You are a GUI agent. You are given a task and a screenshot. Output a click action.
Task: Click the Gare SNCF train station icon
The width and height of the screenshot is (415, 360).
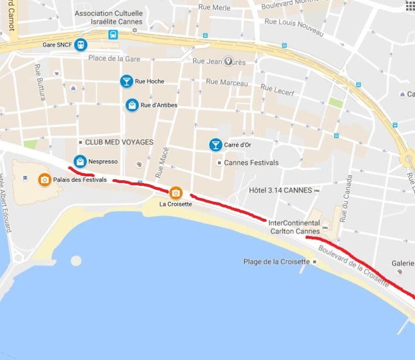[82, 44]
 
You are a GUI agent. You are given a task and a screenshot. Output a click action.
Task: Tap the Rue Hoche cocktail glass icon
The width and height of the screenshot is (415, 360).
[126, 82]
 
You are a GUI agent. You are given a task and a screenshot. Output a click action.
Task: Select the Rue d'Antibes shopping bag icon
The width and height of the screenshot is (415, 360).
[132, 105]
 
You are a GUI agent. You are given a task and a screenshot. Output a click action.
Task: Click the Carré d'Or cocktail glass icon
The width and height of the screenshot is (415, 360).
[215, 145]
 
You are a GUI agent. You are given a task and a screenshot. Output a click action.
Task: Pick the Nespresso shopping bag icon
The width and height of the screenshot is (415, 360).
[80, 161]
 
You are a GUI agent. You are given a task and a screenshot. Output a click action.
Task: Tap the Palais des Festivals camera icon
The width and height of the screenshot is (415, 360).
[44, 180]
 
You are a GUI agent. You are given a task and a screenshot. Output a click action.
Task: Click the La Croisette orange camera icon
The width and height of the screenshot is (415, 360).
[175, 192]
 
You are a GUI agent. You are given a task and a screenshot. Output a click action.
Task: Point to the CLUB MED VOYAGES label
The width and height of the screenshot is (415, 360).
[119, 143]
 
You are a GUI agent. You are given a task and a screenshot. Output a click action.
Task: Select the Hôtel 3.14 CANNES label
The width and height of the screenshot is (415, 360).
[280, 190]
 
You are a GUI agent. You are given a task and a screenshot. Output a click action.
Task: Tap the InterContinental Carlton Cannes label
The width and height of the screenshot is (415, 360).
[293, 227]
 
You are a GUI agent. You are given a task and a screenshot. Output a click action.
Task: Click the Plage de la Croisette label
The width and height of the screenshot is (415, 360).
[276, 262]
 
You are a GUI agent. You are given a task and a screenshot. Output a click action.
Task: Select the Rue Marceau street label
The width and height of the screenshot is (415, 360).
[226, 82]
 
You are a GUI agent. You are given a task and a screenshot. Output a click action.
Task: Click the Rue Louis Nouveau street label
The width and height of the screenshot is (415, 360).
[293, 27]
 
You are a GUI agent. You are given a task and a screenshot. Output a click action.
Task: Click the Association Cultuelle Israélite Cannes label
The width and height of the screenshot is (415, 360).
[109, 17]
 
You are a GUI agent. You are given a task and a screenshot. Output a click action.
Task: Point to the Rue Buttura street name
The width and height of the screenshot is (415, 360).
[40, 82]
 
